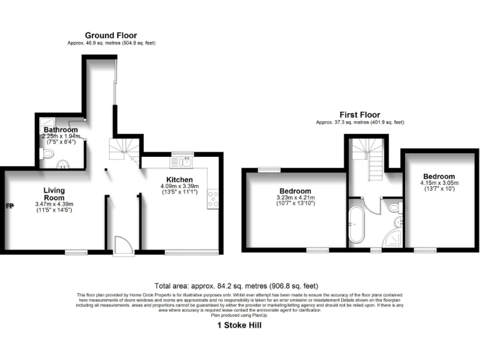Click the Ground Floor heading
point(111,36)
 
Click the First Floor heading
point(359,115)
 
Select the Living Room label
point(54,194)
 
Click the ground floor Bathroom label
point(60,130)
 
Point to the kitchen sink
point(183,162)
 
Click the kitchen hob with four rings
point(213,198)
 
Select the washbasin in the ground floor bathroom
point(62,164)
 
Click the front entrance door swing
point(122,244)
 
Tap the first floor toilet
point(393,207)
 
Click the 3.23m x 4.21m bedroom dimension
point(294,199)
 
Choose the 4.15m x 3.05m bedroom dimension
point(438,183)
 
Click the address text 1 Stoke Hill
point(239,325)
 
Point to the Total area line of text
point(239,284)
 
